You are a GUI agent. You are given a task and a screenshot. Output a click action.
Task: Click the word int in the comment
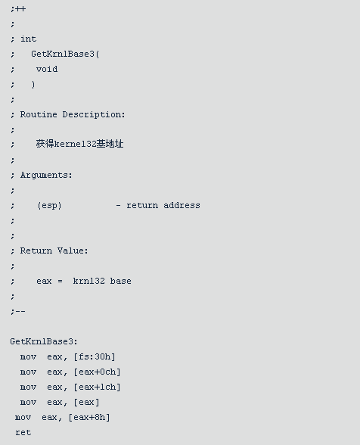click(29, 39)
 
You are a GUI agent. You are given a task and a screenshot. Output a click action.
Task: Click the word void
click(47, 69)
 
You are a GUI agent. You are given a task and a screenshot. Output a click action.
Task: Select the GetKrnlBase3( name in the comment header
click(65, 54)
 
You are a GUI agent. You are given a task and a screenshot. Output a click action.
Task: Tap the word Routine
click(39, 114)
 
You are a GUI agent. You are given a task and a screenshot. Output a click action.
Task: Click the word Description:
click(94, 115)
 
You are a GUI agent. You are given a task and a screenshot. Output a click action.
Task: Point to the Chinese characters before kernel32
click(45, 144)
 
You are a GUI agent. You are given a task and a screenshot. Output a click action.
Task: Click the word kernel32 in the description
click(75, 144)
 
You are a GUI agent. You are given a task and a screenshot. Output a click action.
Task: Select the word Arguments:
click(46, 176)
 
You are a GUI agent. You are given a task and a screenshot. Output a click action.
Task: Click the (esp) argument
click(49, 206)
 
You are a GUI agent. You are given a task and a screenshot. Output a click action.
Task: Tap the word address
click(182, 205)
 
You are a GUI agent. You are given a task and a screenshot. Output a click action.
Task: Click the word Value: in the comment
click(73, 251)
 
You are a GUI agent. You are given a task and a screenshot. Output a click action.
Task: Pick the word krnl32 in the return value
click(88, 281)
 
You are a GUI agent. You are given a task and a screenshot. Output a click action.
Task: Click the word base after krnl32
click(120, 281)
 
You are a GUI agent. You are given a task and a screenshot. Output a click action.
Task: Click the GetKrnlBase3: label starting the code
click(44, 341)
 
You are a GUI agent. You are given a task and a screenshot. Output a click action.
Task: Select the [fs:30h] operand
click(95, 356)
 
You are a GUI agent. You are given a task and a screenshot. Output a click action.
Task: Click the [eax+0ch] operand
click(97, 372)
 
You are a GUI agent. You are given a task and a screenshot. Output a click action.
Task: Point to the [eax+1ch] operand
click(97, 387)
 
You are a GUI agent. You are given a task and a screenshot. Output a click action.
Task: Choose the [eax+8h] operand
click(89, 418)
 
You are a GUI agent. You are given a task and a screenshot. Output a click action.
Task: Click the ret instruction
click(23, 433)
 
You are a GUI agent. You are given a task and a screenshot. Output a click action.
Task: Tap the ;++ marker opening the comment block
click(18, 9)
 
